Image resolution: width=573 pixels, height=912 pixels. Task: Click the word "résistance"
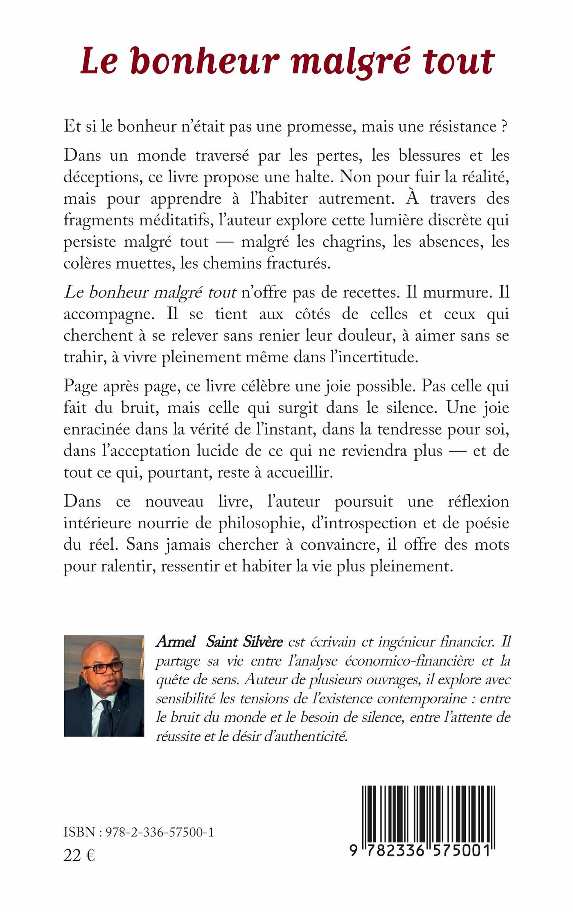coord(462,126)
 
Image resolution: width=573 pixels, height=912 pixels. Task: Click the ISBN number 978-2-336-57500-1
coord(160,833)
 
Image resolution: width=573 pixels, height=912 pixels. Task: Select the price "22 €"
coord(79,855)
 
